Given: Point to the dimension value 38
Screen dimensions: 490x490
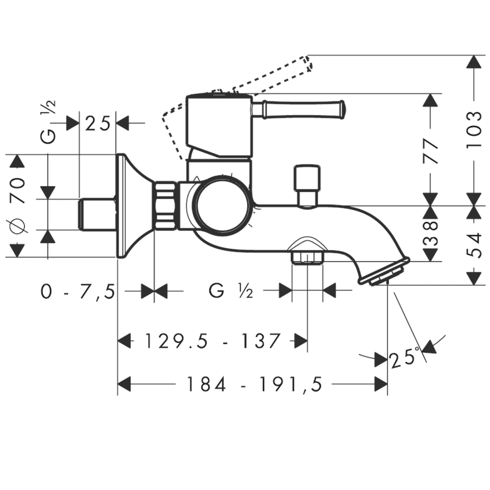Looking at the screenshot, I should [x=431, y=233].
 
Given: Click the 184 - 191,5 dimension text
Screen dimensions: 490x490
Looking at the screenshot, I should [x=254, y=384].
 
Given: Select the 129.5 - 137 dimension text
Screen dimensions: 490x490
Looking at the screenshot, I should [x=212, y=341].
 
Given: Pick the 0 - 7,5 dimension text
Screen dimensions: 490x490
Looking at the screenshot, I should [x=78, y=291].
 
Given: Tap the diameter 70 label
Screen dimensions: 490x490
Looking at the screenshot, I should [x=18, y=206].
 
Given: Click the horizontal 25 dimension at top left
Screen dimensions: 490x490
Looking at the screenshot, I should [x=98, y=123].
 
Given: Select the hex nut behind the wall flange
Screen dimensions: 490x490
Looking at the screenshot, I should [x=166, y=206].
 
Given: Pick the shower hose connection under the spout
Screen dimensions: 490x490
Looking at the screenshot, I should [x=307, y=254].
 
